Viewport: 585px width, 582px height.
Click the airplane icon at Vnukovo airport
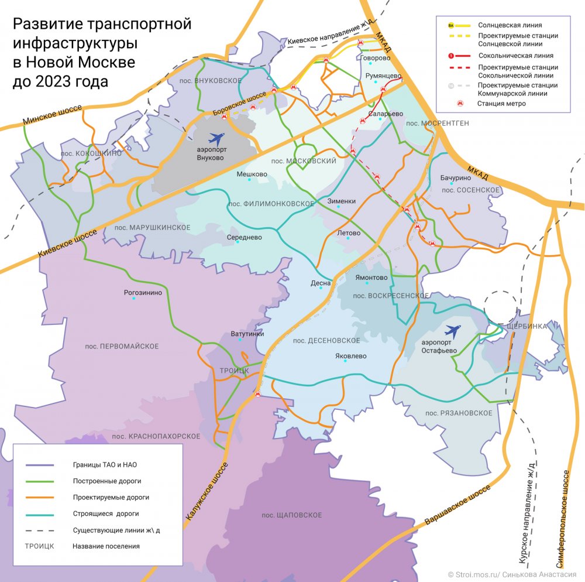click(216, 140)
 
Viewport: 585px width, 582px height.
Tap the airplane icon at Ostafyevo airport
click(452, 331)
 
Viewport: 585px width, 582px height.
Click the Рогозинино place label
click(143, 293)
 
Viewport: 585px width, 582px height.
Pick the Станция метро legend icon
click(460, 104)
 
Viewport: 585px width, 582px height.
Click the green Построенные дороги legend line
click(40, 481)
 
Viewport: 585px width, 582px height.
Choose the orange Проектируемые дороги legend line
click(40, 497)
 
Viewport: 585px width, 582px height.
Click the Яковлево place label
click(350, 355)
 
